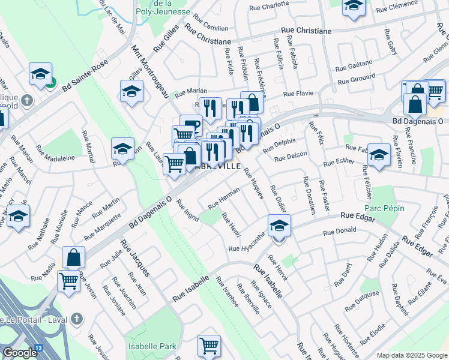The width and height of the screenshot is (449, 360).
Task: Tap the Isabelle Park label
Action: (152, 346)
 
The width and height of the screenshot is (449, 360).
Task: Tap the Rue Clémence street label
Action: (412, 8)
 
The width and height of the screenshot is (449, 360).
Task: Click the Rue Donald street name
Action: (339, 231)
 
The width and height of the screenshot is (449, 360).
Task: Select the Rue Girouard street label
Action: (357, 79)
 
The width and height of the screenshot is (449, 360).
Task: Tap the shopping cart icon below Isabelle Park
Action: (209, 345)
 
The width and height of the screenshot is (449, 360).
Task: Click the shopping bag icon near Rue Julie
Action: (73, 257)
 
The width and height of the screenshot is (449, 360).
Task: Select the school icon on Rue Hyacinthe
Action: (279, 226)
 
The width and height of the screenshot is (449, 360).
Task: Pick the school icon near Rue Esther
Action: (379, 154)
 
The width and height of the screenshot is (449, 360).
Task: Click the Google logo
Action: (19, 353)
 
